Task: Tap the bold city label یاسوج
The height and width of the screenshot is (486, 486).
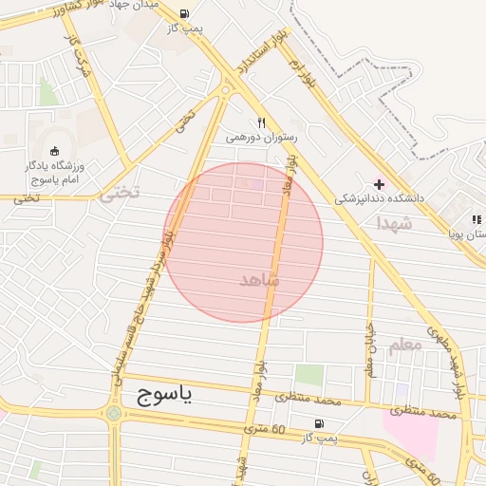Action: (x=158, y=393)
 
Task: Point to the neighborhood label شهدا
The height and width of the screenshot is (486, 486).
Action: (x=393, y=223)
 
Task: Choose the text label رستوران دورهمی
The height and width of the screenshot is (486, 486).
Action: (x=261, y=138)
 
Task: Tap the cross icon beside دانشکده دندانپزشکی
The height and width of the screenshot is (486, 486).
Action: (x=380, y=184)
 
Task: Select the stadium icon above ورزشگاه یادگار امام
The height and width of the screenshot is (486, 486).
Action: (x=54, y=150)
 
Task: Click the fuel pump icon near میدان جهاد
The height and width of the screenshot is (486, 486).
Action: (x=182, y=14)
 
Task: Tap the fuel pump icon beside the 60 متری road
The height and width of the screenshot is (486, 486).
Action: (x=317, y=424)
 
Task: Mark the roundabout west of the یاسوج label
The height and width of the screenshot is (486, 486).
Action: (x=114, y=413)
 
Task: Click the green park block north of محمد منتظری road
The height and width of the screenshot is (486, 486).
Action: (x=308, y=375)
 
